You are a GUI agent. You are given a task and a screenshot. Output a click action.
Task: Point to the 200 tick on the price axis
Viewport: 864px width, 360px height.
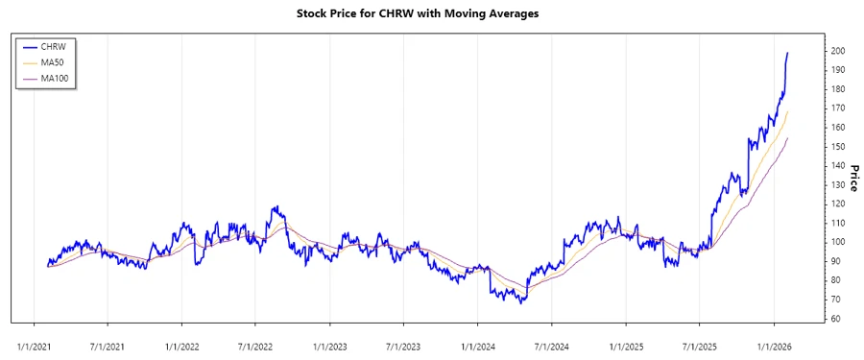838,51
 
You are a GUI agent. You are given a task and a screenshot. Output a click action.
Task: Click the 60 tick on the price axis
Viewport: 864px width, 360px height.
836,319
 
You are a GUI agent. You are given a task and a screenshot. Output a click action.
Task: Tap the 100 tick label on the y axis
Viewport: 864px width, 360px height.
838,242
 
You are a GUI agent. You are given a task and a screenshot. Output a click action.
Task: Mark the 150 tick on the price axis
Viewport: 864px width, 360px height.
838,147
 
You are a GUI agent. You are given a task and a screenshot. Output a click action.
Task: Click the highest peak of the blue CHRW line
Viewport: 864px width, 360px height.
788,53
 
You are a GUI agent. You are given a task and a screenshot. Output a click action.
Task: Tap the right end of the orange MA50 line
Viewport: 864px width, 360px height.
788,111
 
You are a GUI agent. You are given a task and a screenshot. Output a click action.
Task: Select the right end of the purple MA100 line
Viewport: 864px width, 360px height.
788,137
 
